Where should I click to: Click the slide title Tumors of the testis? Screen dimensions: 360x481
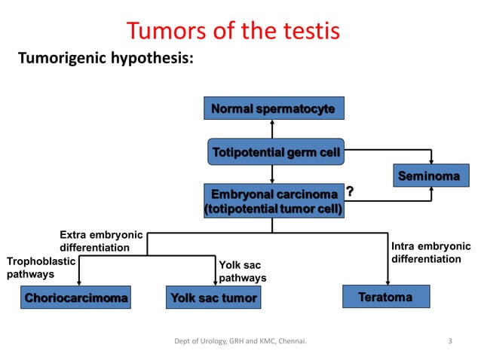coord(233,31)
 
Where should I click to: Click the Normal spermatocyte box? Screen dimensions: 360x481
coord(273,109)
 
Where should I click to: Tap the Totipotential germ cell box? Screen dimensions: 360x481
coord(276,153)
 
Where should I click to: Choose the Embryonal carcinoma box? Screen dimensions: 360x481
coord(273,202)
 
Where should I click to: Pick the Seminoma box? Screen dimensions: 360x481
coord(428,176)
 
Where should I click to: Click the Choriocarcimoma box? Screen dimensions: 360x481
coord(75,297)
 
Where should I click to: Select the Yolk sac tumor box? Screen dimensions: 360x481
coord(213,297)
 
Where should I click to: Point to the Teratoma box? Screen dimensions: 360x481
coord(386,297)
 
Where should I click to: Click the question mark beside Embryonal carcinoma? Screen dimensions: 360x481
coord(351,193)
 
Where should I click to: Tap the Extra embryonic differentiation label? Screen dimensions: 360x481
coord(94,241)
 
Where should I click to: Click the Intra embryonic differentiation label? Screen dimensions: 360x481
coord(431,252)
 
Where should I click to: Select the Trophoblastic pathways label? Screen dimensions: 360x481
coord(41,267)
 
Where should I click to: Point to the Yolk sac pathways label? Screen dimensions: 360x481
coord(242,271)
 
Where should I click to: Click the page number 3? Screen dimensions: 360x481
coord(450,342)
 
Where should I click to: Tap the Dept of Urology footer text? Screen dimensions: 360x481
coord(245,343)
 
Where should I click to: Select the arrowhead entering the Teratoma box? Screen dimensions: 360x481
coord(387,282)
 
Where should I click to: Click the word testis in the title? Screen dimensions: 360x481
coord(305,31)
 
